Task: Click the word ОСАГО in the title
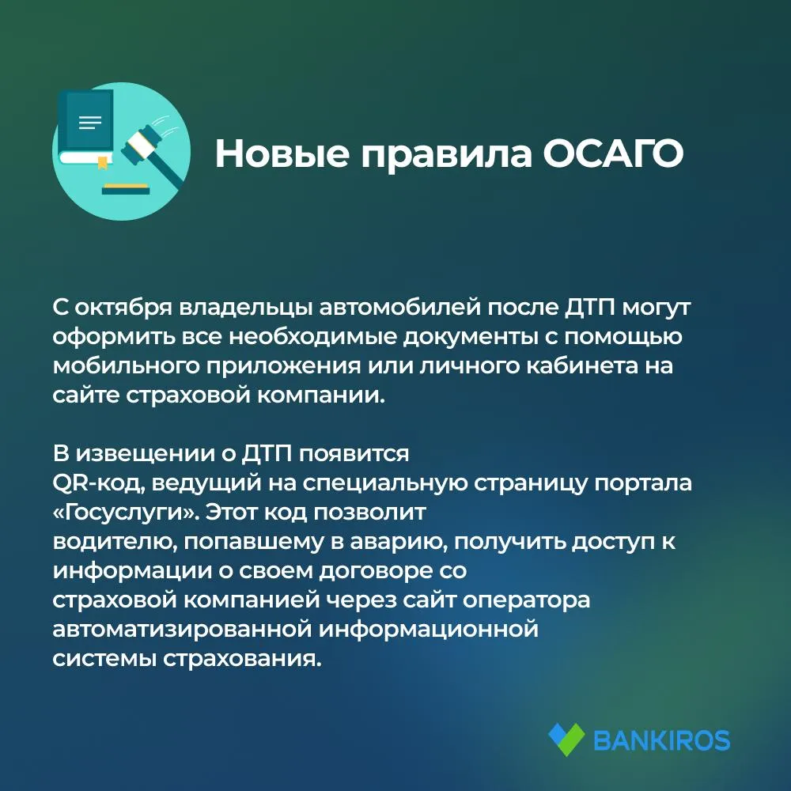(613, 153)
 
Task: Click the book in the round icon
(85, 130)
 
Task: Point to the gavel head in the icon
(142, 142)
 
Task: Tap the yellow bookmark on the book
(102, 162)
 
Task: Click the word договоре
(376, 571)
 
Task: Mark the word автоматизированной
(184, 630)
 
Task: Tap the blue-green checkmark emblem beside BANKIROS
(567, 740)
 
